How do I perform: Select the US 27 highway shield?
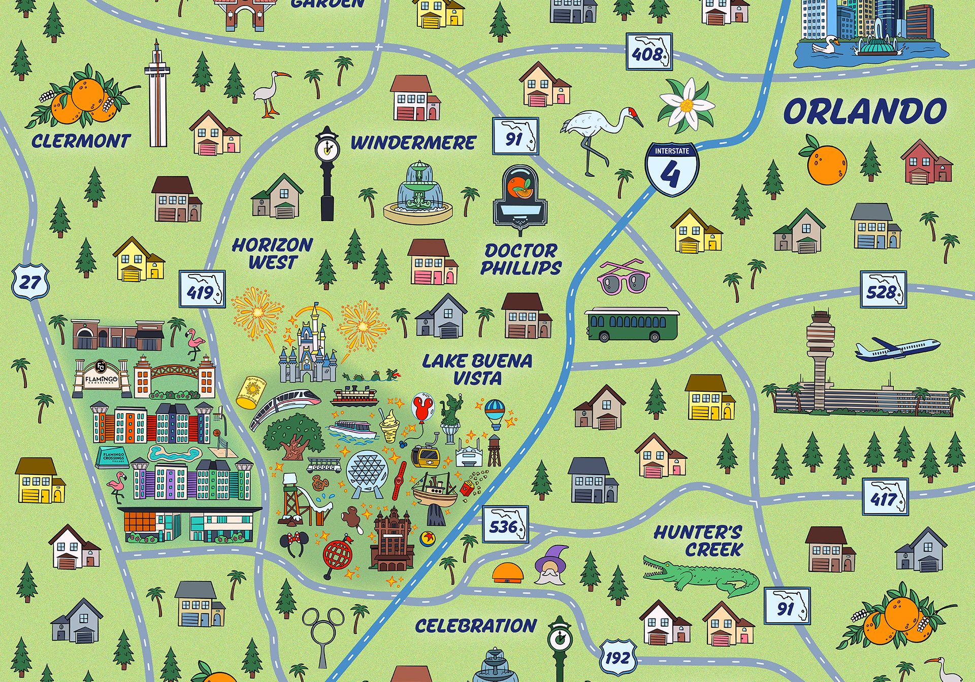pyautogui.click(x=30, y=282)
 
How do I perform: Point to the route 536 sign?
pyautogui.click(x=505, y=525)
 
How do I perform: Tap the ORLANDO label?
pyautogui.click(x=865, y=112)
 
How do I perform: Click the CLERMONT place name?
pyautogui.click(x=81, y=141)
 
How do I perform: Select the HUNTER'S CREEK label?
pyautogui.click(x=698, y=541)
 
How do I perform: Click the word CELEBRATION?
pyautogui.click(x=475, y=626)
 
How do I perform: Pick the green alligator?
pyautogui.click(x=701, y=575)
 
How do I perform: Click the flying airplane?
pyautogui.click(x=896, y=349)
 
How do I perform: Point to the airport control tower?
pyautogui.click(x=820, y=355)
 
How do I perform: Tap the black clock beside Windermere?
pyautogui.click(x=326, y=173)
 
